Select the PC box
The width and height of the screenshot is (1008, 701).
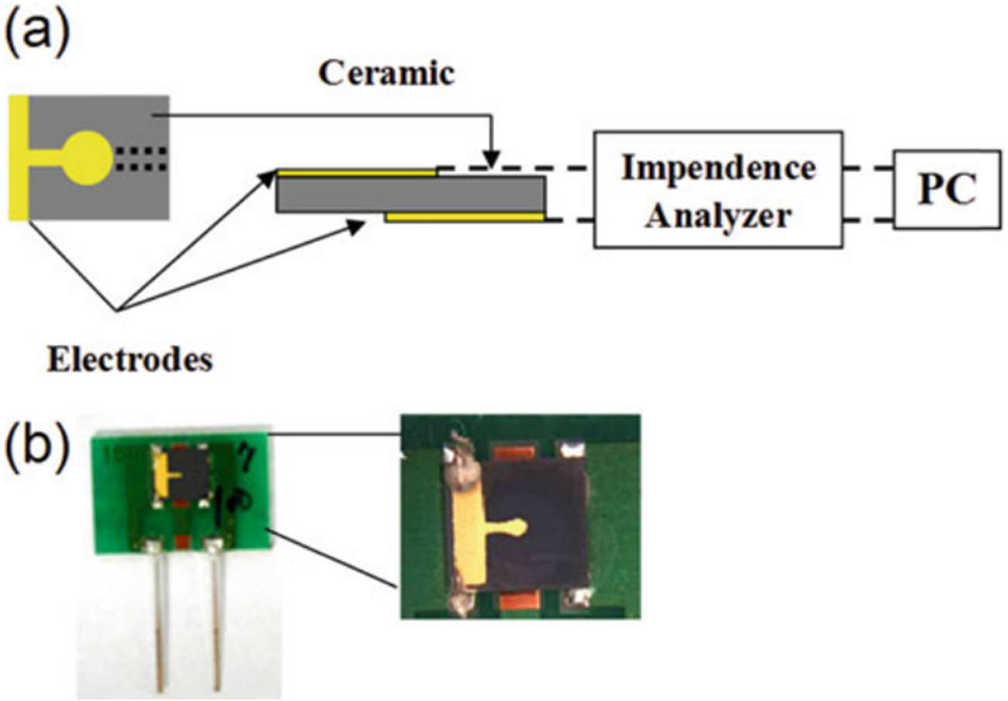tap(946, 189)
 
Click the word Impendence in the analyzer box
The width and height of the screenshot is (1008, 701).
tap(717, 168)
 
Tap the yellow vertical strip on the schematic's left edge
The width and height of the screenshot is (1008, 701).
tap(19, 157)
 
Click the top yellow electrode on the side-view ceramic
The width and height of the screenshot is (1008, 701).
tap(357, 173)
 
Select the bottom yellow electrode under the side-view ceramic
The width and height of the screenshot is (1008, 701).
tap(465, 218)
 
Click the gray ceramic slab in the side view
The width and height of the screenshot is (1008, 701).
tap(411, 194)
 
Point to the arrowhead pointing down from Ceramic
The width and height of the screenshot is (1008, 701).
tap(490, 160)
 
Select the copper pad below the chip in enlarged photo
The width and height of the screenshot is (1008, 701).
tap(520, 602)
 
